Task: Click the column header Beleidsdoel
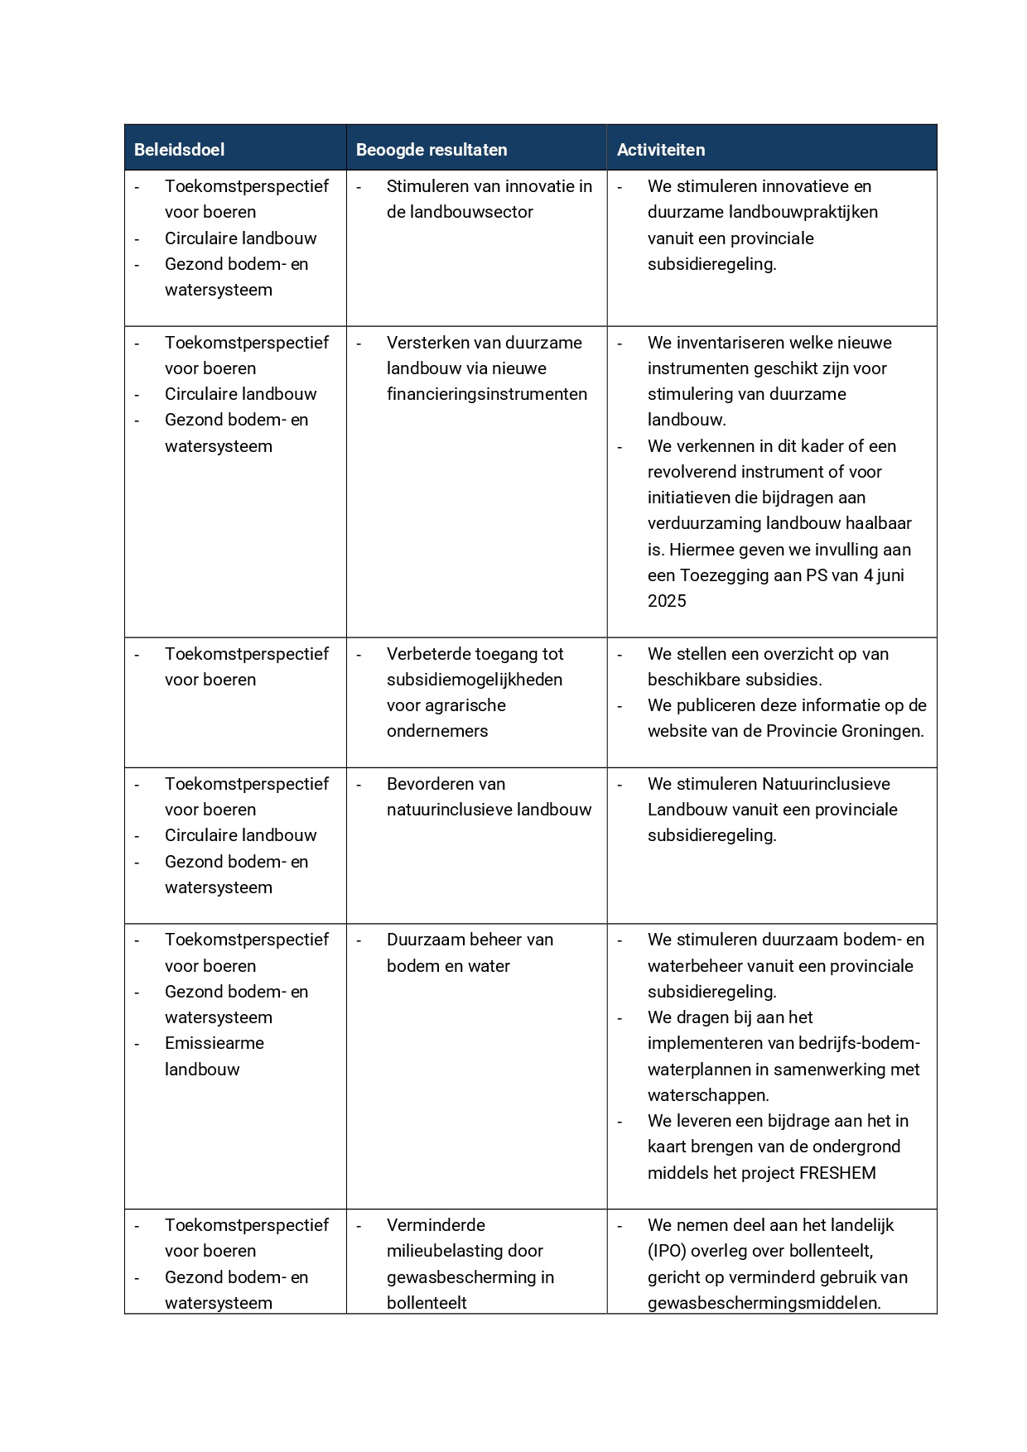coord(179,150)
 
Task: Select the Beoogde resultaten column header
coord(431,150)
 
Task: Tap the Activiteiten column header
coord(660,150)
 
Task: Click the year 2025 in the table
coord(667,601)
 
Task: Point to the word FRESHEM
coord(837,1173)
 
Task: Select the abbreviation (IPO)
coord(668,1251)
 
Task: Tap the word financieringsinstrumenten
coord(486,394)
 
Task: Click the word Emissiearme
coord(214,1043)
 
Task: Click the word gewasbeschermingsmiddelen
coord(763,1303)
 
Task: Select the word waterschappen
coord(707,1095)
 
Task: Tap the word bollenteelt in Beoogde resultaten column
coord(426,1303)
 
